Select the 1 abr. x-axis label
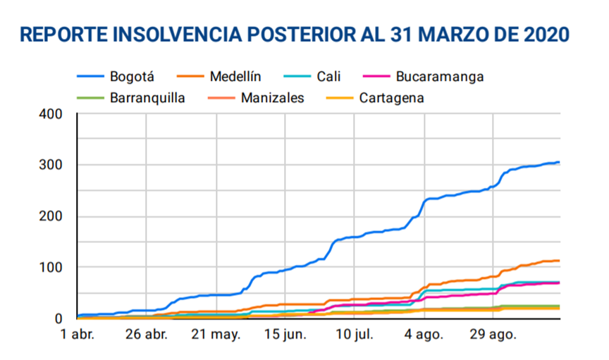[x=78, y=334]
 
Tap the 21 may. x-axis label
[x=215, y=334]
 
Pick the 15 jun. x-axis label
[x=285, y=334]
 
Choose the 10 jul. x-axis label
[x=355, y=334]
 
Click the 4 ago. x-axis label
[x=424, y=334]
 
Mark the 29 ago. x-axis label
[x=493, y=334]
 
